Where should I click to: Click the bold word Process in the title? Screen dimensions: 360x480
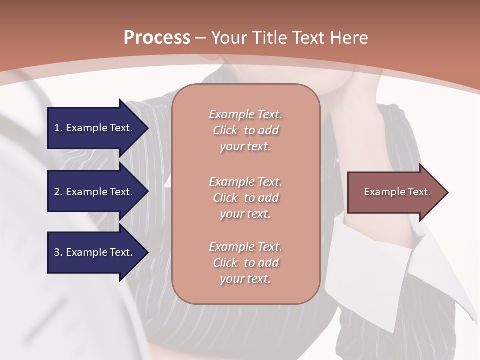click(157, 37)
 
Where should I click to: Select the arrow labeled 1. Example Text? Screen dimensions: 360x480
click(95, 128)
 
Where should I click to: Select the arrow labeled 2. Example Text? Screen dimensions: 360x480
click(95, 192)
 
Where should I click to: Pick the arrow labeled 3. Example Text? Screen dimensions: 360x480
click(95, 252)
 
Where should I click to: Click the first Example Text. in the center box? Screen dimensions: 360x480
click(245, 114)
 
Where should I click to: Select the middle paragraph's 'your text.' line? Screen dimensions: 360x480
click(245, 214)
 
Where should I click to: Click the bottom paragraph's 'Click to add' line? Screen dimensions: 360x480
click(245, 263)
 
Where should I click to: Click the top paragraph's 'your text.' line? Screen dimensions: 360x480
click(245, 147)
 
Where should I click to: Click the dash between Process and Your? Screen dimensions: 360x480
click(201, 38)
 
